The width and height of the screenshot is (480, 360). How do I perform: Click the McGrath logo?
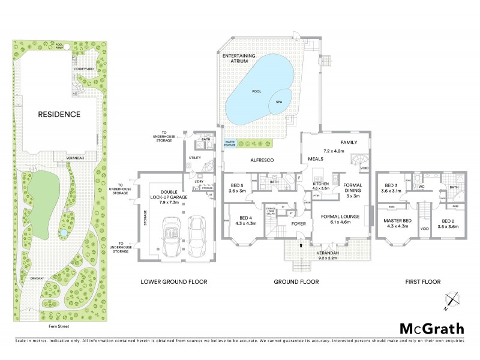432,328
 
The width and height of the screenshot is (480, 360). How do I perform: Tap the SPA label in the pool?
278,102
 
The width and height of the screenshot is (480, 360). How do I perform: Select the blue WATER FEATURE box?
230,143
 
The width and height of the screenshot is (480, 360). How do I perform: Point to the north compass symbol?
453,299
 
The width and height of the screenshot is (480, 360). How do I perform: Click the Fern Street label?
58,327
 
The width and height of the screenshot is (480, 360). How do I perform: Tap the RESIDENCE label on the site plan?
59,114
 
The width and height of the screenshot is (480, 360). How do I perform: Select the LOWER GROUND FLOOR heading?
173,281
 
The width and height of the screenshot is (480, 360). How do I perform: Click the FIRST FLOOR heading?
424,281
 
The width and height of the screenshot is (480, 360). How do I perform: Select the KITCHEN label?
320,184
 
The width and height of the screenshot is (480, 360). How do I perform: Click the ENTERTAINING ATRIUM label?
238,58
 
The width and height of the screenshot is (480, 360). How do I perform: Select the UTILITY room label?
194,157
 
